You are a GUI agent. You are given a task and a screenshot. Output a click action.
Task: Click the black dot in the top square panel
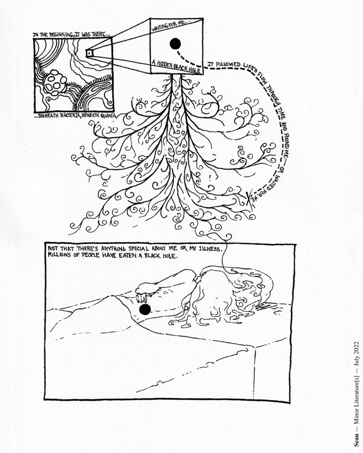pyautogui.click(x=175, y=44)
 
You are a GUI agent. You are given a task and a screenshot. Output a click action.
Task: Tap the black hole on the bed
pyautogui.click(x=145, y=309)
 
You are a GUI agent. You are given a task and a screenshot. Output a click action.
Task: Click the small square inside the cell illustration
pyautogui.click(x=89, y=53)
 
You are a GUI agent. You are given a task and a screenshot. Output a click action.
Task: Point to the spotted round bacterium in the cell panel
pyautogui.click(x=55, y=82)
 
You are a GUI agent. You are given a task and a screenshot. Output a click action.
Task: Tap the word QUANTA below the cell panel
pyautogui.click(x=108, y=116)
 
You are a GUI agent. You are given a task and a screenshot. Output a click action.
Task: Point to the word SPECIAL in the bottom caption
pyautogui.click(x=141, y=248)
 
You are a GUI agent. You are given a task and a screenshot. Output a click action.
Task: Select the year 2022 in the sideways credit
pyautogui.click(x=356, y=348)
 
